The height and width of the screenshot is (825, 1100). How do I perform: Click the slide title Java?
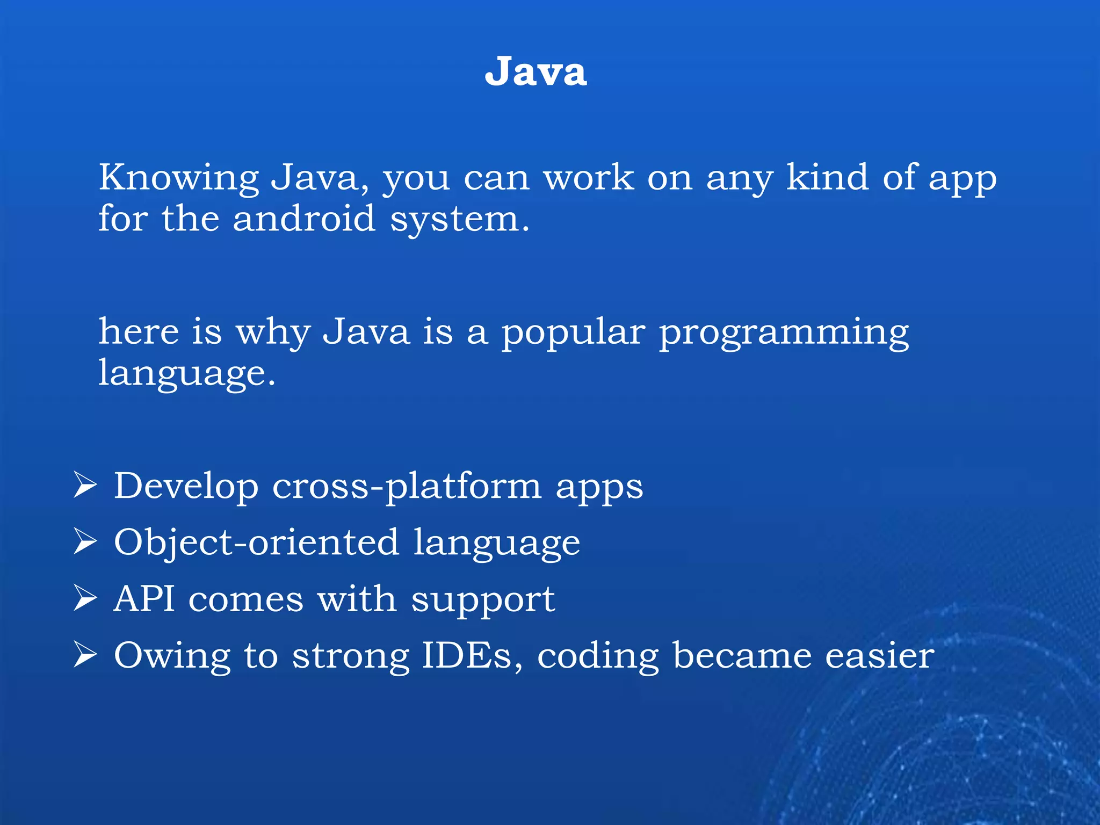[x=535, y=71]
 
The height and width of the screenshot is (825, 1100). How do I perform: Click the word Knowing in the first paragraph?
[x=179, y=178]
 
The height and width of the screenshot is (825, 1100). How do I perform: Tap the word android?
[x=304, y=219]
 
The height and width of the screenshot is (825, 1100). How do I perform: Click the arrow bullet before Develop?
[x=85, y=485]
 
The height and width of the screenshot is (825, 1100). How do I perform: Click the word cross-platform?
[x=407, y=486]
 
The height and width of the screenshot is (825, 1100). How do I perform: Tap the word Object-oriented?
[x=257, y=542]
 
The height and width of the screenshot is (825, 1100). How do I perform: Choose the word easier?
[x=879, y=655]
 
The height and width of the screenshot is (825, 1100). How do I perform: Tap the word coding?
[x=598, y=656]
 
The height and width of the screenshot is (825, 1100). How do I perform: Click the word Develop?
[x=186, y=486]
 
